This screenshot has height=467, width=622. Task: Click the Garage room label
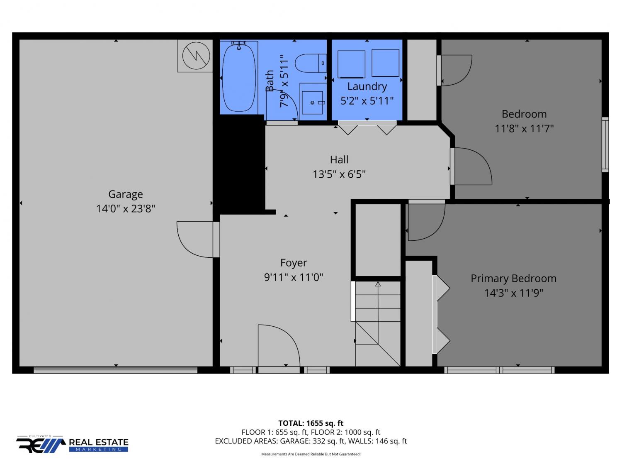(126, 195)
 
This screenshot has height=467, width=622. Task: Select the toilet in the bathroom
(311, 63)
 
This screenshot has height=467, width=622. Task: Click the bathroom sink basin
(312, 103)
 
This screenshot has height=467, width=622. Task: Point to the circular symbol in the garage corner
(196, 56)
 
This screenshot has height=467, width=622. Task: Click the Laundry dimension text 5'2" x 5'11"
(367, 100)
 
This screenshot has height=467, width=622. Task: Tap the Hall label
(339, 160)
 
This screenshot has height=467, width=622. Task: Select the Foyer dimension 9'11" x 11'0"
(293, 277)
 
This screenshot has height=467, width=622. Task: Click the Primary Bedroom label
(513, 279)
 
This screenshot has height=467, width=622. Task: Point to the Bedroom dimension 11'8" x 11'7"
(524, 128)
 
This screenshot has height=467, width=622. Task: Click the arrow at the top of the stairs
(378, 284)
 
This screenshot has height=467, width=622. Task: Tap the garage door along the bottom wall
(115, 370)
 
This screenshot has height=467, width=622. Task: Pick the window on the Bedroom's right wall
(605, 144)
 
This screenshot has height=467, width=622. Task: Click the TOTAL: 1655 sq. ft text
(311, 423)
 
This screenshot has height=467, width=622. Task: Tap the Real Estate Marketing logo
(72, 444)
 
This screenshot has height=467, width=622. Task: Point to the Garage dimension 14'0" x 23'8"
(126, 209)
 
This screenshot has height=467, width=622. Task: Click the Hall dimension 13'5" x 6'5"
(339, 174)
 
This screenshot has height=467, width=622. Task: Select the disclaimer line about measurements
(311, 454)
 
